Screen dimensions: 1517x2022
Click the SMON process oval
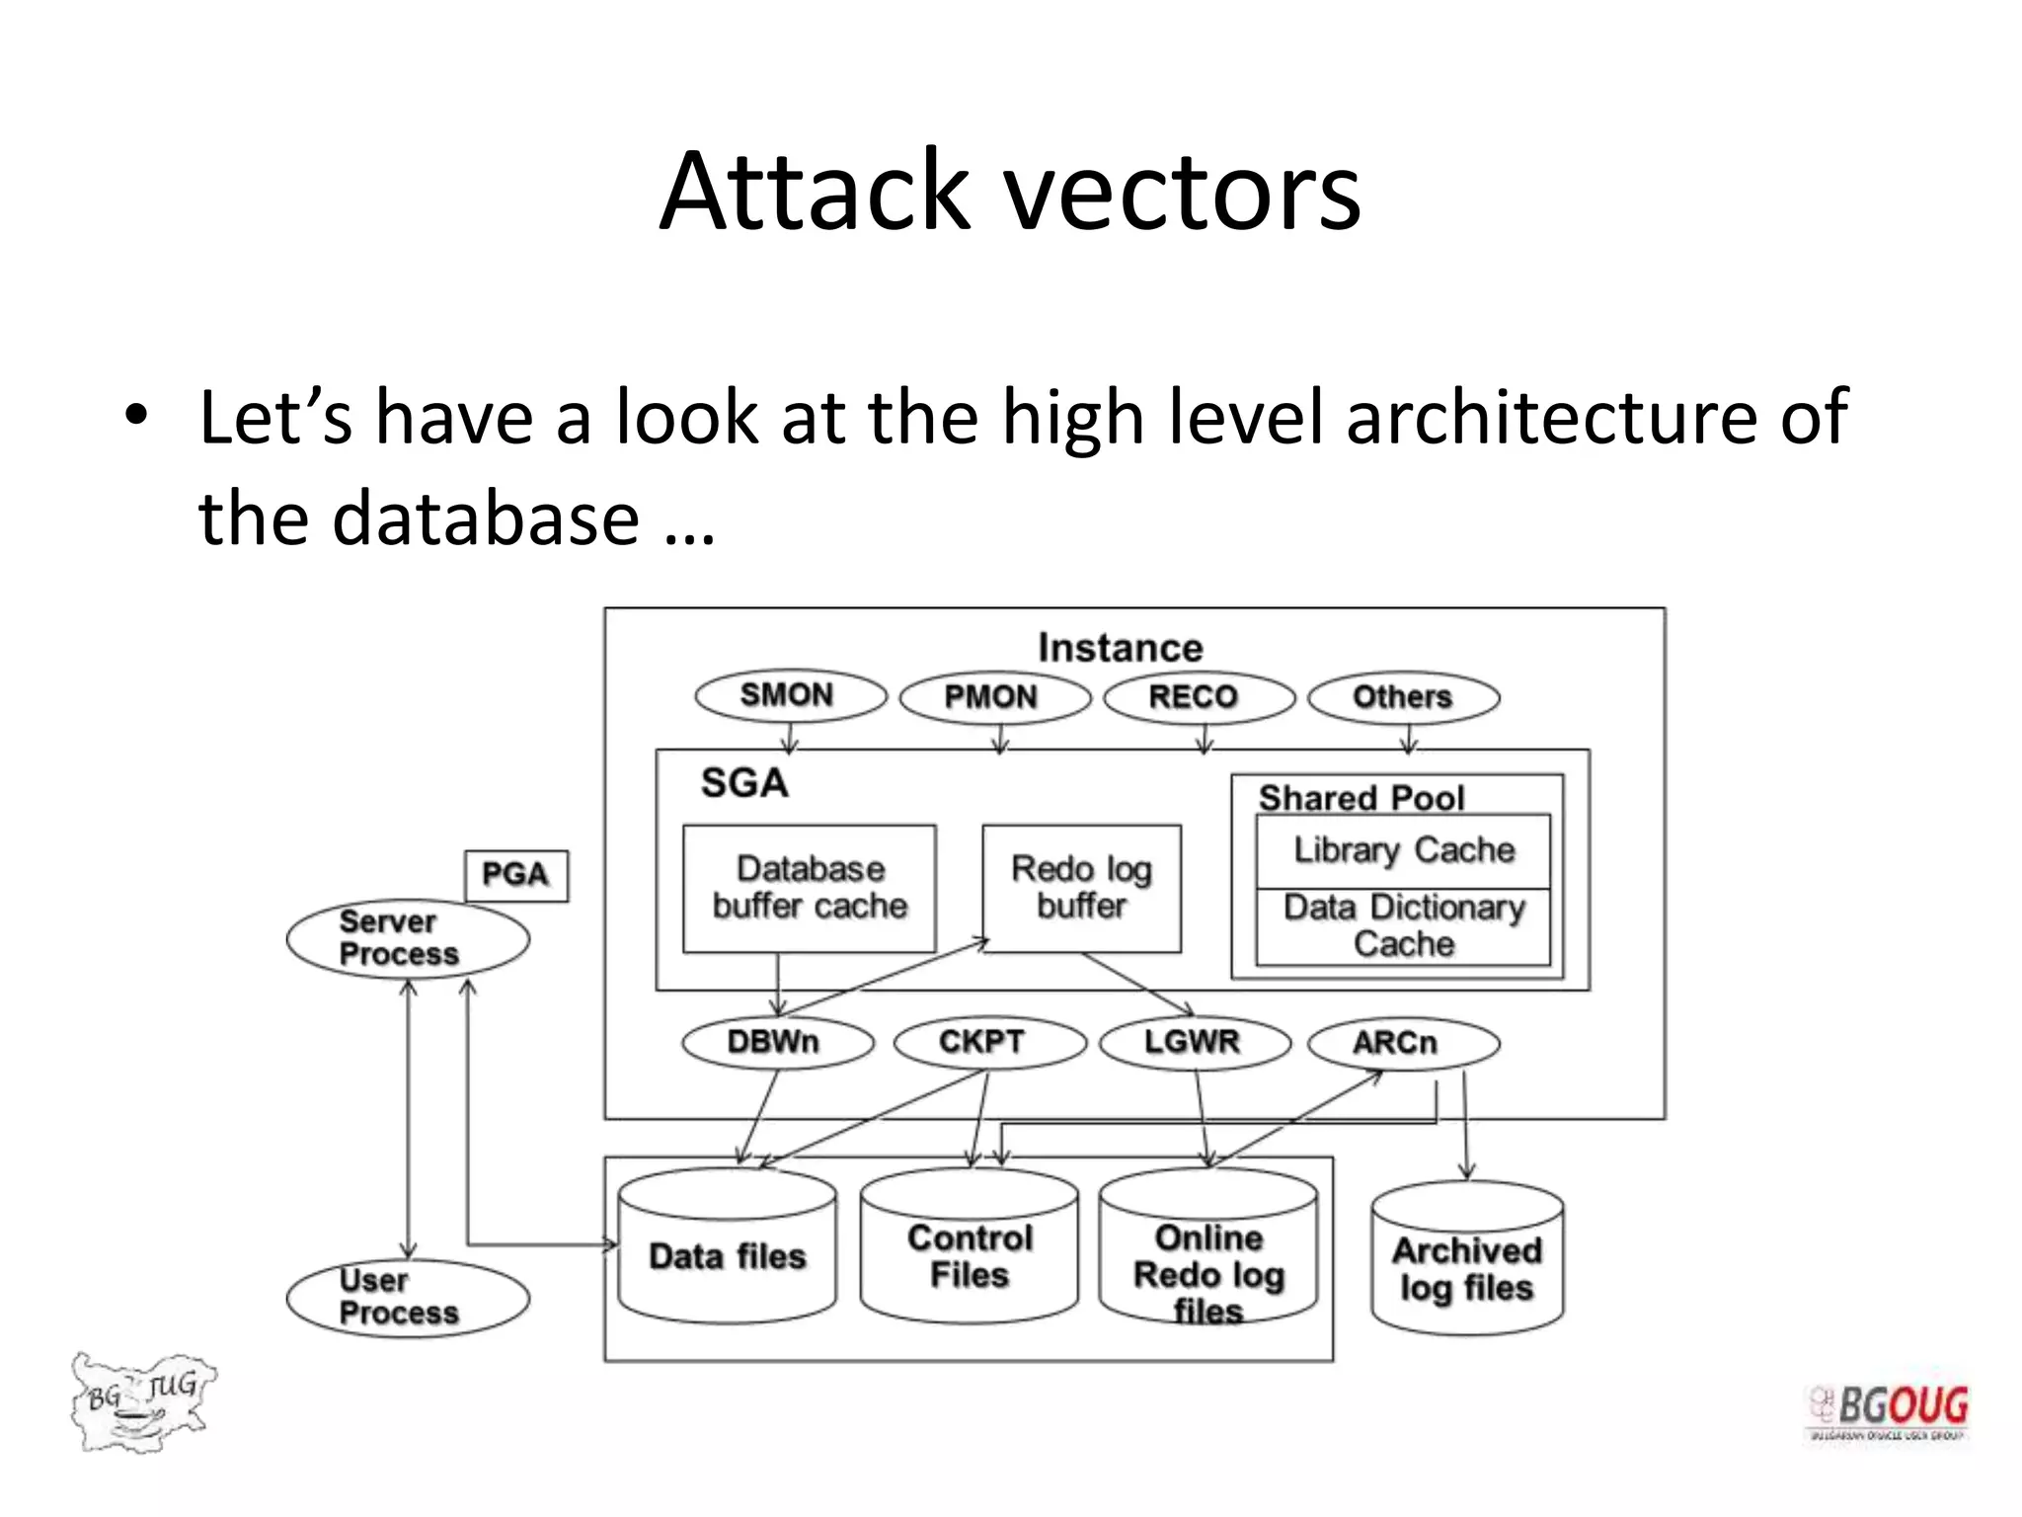pos(790,695)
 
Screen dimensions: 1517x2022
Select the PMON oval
pos(994,697)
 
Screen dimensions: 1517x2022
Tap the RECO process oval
pos(1198,697)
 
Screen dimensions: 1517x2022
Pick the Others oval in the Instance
pos(1403,697)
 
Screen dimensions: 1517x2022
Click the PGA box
pos(516,875)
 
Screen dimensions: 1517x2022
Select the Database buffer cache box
pos(810,888)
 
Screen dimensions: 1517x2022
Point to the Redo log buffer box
pos(1081,888)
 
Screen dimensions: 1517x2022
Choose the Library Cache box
pos(1403,850)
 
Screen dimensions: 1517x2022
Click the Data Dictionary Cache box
pos(1403,926)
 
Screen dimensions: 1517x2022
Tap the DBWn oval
pos(777,1043)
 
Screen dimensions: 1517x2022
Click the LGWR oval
pos(1194,1043)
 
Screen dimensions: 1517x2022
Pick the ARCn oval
pos(1402,1043)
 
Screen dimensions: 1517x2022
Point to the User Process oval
pos(407,1298)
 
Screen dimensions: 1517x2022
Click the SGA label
pos(744,783)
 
